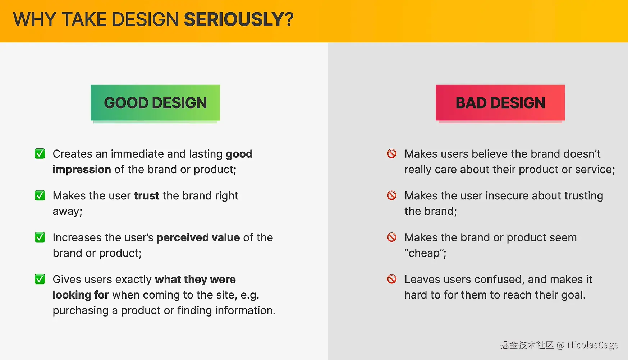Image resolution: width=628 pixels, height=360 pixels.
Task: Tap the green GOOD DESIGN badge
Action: pyautogui.click(x=155, y=103)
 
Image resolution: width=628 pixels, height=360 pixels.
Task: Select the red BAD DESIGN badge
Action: pyautogui.click(x=500, y=103)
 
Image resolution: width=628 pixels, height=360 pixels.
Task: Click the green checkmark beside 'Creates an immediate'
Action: pyautogui.click(x=40, y=154)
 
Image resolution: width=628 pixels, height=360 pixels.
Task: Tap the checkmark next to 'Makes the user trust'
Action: pyautogui.click(x=40, y=195)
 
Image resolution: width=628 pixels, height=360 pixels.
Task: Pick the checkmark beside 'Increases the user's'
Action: pyautogui.click(x=40, y=237)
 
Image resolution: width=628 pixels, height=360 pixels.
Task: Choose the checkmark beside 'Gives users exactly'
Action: pyautogui.click(x=40, y=279)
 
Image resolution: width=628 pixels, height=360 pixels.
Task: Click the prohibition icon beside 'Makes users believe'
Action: pyautogui.click(x=391, y=154)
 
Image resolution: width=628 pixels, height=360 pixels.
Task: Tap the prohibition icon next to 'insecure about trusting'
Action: pyautogui.click(x=391, y=195)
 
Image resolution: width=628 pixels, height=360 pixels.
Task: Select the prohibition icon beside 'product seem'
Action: pyautogui.click(x=391, y=237)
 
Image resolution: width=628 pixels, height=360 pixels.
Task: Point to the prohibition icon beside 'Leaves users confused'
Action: pyautogui.click(x=391, y=279)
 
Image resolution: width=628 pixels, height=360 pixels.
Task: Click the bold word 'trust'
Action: pyautogui.click(x=147, y=196)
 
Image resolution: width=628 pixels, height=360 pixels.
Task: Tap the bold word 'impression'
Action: pyautogui.click(x=82, y=170)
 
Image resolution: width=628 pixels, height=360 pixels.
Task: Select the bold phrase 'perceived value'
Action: pyautogui.click(x=198, y=238)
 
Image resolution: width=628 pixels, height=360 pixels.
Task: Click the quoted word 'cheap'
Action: pyautogui.click(x=424, y=253)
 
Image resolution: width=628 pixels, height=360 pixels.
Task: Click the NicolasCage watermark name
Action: pyautogui.click(x=593, y=345)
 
